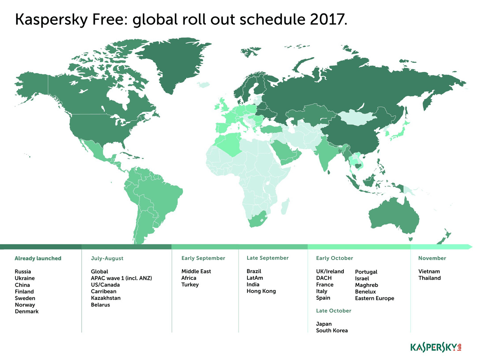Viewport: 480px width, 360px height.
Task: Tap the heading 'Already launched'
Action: point(38,258)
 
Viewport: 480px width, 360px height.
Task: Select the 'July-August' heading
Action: point(107,258)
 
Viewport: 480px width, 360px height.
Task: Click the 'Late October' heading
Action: point(333,311)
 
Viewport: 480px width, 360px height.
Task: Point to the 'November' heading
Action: point(432,258)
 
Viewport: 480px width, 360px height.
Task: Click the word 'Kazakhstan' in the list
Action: point(106,298)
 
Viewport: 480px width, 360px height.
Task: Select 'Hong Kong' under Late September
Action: point(261,291)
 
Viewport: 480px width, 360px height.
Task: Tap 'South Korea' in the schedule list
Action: point(331,331)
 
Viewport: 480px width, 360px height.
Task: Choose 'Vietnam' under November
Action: point(429,272)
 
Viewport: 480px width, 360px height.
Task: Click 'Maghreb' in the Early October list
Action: point(366,285)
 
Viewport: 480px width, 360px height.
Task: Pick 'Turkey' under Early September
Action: point(190,285)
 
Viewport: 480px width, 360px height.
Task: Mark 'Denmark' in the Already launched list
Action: point(27,312)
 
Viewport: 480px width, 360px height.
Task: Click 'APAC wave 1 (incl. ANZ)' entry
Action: point(121,278)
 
